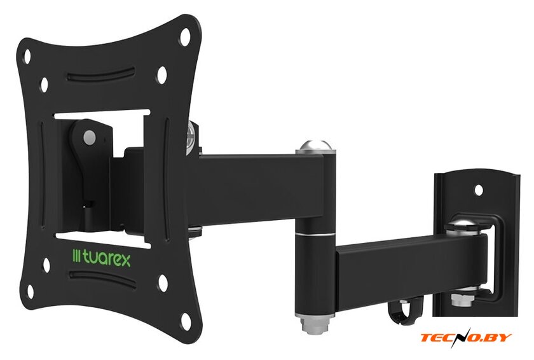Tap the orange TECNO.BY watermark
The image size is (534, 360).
pyautogui.click(x=466, y=337)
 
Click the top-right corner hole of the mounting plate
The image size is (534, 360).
pyautogui.click(x=184, y=36)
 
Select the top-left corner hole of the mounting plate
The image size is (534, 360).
pyautogui.click(x=27, y=56)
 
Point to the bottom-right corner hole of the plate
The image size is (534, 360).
pyautogui.click(x=186, y=321)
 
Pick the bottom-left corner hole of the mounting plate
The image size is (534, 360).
pyautogui.click(x=31, y=291)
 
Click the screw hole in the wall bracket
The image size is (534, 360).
pyautogui.click(x=479, y=190)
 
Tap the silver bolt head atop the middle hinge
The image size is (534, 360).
pyautogui.click(x=315, y=146)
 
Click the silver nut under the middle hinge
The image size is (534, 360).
pyautogui.click(x=315, y=325)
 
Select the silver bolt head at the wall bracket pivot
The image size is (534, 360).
pyautogui.click(x=463, y=226)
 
